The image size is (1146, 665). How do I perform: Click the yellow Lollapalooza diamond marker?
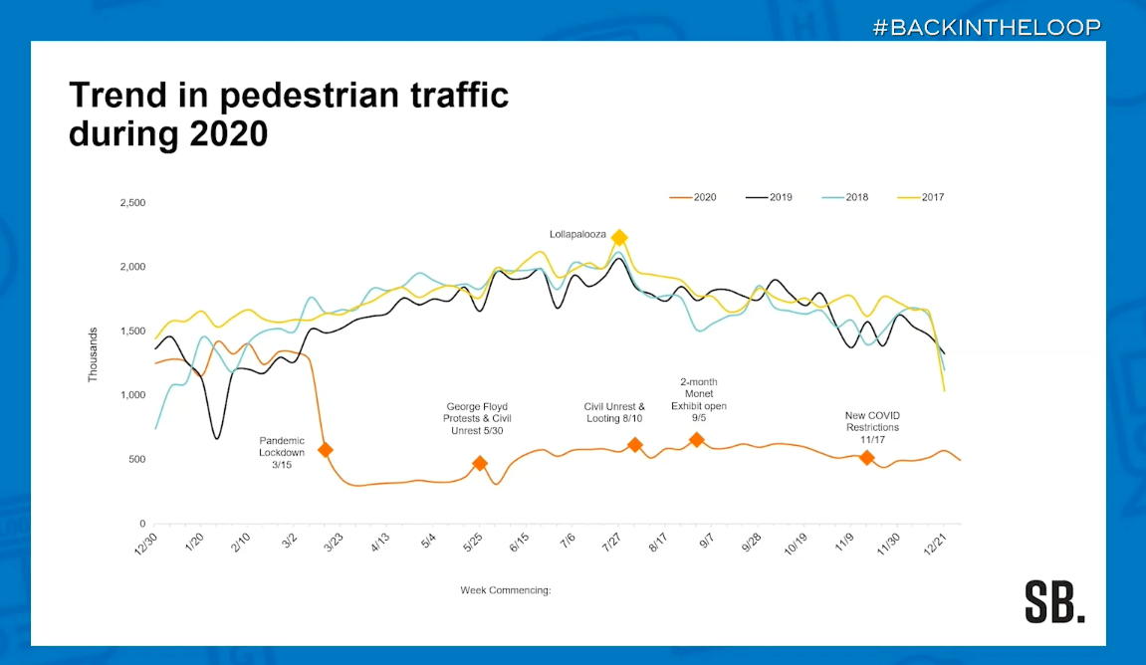pyautogui.click(x=618, y=237)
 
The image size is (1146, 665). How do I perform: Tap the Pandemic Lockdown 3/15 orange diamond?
pyautogui.click(x=325, y=450)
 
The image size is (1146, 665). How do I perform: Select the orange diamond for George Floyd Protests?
pyautogui.click(x=480, y=463)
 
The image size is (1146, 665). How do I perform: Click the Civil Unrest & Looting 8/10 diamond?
pyautogui.click(x=635, y=445)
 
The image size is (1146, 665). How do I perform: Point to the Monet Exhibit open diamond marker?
pyautogui.click(x=697, y=440)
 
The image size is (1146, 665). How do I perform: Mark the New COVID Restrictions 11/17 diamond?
pyautogui.click(x=866, y=457)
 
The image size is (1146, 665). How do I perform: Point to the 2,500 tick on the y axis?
pyautogui.click(x=131, y=203)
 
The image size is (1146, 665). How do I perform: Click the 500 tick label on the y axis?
pyautogui.click(x=136, y=459)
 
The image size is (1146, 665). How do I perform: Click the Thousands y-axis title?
pyautogui.click(x=94, y=355)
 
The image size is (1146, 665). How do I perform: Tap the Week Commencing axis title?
pyautogui.click(x=505, y=590)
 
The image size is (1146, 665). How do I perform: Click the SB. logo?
pyautogui.click(x=1054, y=601)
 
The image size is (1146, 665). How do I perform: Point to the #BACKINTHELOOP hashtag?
pyautogui.click(x=987, y=27)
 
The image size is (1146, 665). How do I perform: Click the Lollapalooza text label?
pyautogui.click(x=577, y=235)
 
